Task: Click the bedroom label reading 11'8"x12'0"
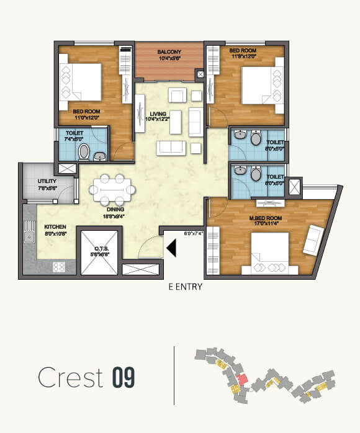[243, 53]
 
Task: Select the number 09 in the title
[124, 378]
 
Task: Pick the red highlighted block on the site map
[243, 378]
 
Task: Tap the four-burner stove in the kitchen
[60, 267]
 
